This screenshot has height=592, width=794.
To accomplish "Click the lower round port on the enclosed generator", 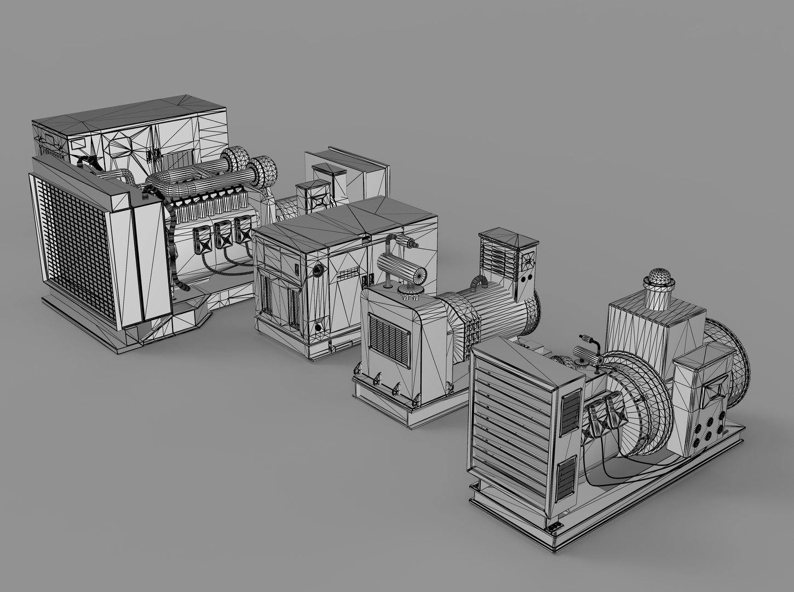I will coord(318,327).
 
